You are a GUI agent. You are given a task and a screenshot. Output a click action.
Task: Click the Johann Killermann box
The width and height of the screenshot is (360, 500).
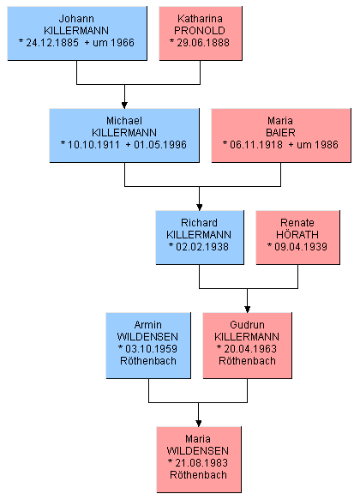[77, 33]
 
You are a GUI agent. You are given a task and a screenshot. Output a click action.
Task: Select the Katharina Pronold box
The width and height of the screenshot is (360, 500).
[201, 33]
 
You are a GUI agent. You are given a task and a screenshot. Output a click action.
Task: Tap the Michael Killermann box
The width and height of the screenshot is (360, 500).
[124, 136]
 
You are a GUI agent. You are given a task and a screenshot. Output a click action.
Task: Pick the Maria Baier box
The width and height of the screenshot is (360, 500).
[281, 136]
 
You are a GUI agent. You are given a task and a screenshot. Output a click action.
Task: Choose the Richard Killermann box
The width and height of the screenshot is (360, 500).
[200, 238]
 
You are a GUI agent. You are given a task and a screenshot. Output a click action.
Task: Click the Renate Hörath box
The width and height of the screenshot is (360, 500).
[298, 238]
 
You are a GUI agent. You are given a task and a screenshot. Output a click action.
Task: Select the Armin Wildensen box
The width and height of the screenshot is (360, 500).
[148, 346]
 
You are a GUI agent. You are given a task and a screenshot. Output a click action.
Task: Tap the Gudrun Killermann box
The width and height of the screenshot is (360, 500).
[247, 346]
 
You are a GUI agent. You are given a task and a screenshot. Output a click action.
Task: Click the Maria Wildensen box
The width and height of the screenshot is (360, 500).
[199, 460]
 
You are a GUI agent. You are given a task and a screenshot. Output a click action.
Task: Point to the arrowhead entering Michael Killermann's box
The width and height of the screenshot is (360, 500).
[124, 105]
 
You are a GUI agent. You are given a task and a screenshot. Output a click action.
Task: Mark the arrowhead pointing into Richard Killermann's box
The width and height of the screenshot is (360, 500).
[200, 208]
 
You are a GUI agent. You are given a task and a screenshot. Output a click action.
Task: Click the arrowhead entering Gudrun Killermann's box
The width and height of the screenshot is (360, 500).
[247, 310]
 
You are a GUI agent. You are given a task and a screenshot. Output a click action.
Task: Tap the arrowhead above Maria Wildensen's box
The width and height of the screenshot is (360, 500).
[199, 424]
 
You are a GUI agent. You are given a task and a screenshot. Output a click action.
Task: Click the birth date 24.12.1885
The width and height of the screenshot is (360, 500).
[52, 43]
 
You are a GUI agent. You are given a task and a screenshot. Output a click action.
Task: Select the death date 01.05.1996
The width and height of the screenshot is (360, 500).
[160, 145]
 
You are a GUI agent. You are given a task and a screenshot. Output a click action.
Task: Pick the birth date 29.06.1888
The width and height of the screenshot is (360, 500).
[203, 43]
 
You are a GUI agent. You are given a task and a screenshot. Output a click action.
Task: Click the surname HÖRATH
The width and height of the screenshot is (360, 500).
[297, 234]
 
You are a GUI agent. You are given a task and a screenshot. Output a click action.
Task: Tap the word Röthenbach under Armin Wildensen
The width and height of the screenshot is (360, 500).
[148, 361]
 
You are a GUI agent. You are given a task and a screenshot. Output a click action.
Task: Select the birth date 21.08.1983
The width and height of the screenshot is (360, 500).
[201, 462]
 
